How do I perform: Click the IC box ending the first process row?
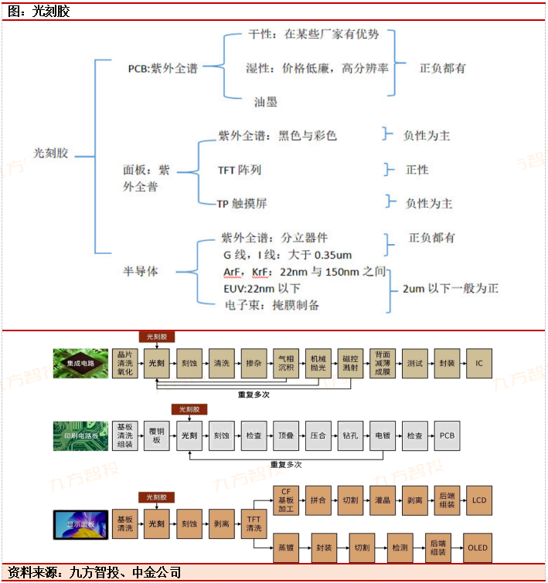(478, 363)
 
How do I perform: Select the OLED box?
(478, 547)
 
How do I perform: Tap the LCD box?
(478, 501)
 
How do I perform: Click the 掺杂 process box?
(254, 363)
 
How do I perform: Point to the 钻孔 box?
(350, 436)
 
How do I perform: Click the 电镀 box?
(383, 436)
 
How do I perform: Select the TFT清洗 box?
(254, 523)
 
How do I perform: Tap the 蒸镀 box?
(286, 547)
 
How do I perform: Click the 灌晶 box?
(383, 501)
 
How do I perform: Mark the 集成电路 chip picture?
(79, 362)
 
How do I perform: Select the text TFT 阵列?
(240, 169)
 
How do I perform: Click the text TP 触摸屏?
(243, 203)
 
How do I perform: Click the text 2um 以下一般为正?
(451, 289)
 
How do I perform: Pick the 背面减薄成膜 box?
(383, 363)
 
